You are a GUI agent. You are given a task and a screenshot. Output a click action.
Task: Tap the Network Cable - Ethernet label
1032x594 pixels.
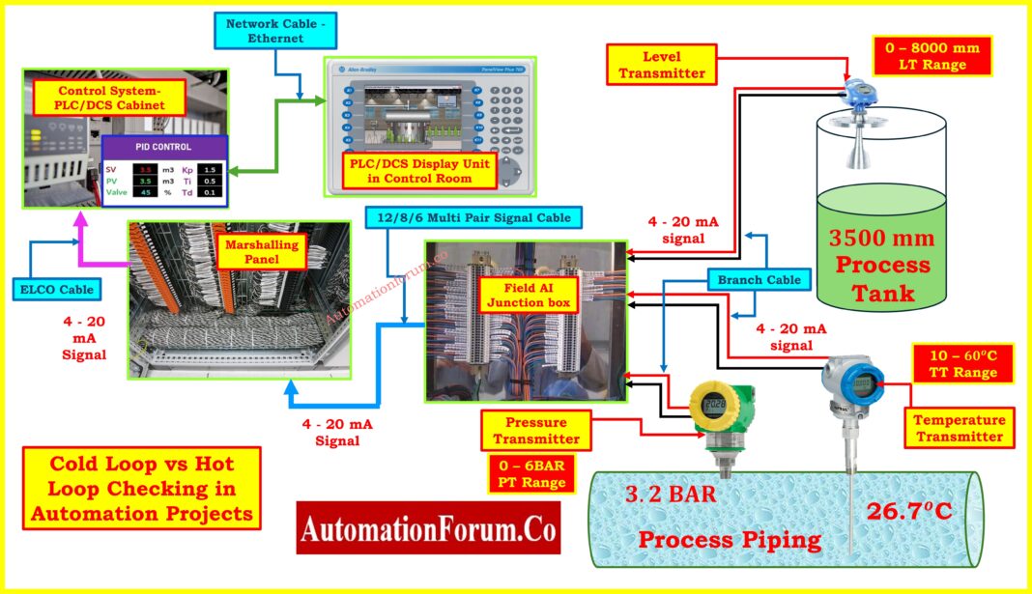275,30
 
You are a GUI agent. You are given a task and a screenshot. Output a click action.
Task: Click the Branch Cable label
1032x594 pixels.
760,279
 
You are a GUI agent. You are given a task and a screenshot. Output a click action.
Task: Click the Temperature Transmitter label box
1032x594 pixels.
960,428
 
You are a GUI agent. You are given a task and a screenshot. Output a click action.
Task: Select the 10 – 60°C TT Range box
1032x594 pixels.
962,363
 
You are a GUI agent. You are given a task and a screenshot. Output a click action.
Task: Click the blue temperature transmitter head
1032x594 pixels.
853,382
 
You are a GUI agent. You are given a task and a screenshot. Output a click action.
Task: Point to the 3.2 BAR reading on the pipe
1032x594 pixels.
671,496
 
